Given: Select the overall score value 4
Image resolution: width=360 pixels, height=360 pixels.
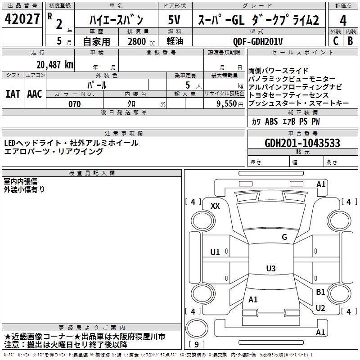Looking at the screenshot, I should (x=343, y=20).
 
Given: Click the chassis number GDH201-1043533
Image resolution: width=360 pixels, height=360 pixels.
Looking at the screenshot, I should (x=302, y=144).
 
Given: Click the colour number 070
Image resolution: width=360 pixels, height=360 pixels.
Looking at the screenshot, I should (x=74, y=104).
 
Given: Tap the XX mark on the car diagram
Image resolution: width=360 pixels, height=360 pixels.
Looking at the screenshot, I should (x=215, y=206).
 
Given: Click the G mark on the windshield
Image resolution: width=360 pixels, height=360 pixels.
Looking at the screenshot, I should (x=284, y=237).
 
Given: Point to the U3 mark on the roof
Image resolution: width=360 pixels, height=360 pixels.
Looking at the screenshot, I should (x=270, y=269).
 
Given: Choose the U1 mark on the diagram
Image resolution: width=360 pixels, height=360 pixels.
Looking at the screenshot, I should (x=215, y=252).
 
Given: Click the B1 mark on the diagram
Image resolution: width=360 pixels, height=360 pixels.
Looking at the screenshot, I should (x=320, y=292).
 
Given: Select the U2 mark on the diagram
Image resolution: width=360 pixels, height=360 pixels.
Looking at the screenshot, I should (x=320, y=308).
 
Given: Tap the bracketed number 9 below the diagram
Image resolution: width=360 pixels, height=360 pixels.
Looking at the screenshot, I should (x=197, y=345).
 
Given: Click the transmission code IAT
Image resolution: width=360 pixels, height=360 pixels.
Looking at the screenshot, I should (x=13, y=94).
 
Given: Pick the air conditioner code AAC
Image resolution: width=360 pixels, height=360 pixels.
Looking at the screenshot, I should (x=35, y=94).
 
